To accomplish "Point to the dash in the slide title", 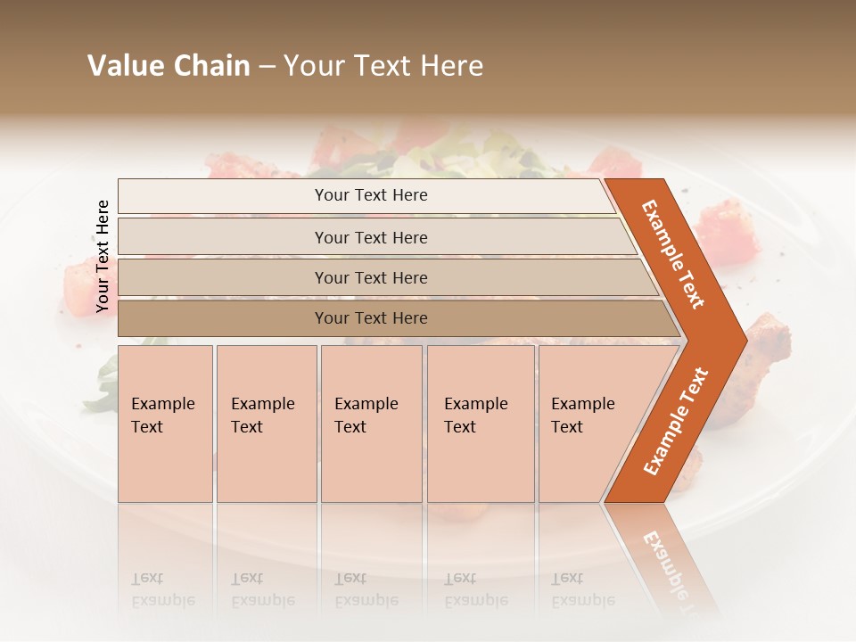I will (x=267, y=67).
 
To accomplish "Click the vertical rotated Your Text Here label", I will (x=103, y=256).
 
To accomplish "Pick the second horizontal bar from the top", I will (x=371, y=237).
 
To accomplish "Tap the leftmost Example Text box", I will (x=165, y=424).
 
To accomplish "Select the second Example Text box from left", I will (x=266, y=424).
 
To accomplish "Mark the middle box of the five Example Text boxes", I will (x=371, y=424).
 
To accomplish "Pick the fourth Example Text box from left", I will (x=480, y=424).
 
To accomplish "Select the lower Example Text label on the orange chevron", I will (x=676, y=421).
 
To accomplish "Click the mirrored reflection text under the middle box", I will (x=366, y=589).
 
